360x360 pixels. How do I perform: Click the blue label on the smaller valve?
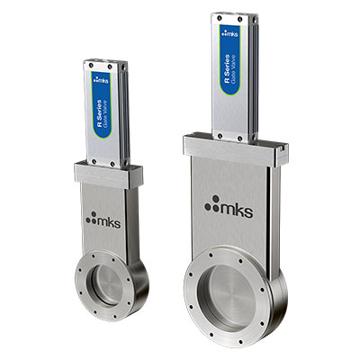click(102, 105)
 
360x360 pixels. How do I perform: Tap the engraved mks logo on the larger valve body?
click(229, 206)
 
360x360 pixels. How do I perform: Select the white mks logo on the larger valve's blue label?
click(229, 33)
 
